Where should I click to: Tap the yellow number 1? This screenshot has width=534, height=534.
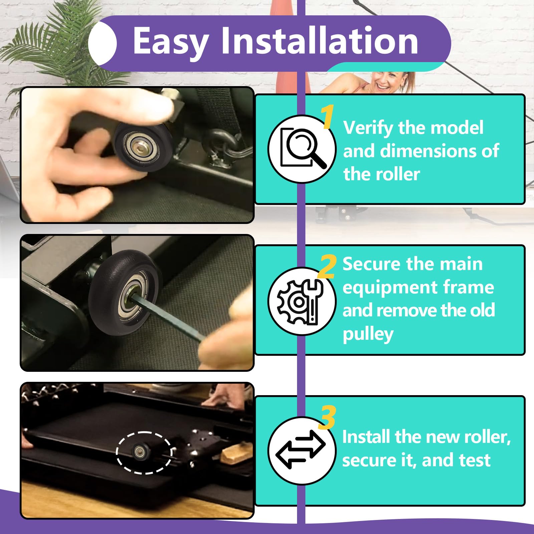coord(328,116)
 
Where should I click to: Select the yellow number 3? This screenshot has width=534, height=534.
coord(327,418)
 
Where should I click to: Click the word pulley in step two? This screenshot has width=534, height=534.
coord(368,334)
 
